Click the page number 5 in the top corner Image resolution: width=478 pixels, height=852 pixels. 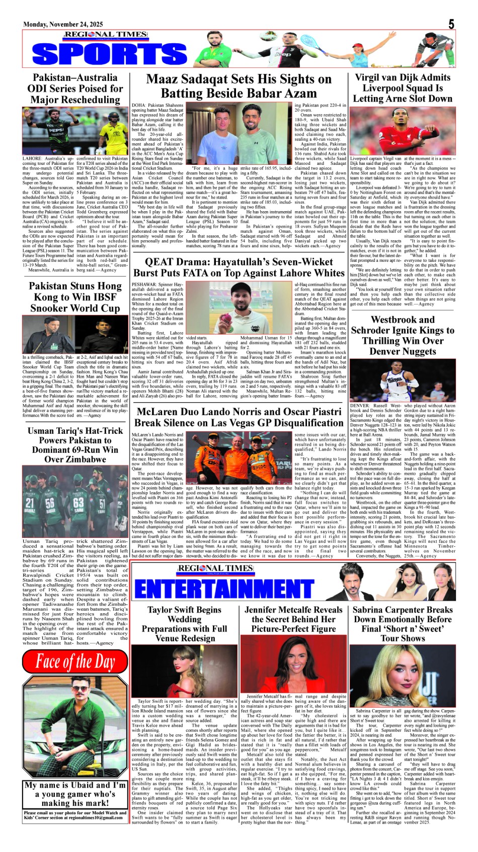[x=451, y=24]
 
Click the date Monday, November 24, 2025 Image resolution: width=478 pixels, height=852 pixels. [x=63, y=24]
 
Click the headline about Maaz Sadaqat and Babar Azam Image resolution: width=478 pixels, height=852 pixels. [x=238, y=86]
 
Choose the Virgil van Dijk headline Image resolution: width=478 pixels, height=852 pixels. [x=403, y=88]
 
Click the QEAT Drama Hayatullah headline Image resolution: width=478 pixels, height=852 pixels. [x=238, y=267]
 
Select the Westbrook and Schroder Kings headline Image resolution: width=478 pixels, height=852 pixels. [x=403, y=335]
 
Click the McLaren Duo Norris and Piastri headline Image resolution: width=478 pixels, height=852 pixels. [x=238, y=417]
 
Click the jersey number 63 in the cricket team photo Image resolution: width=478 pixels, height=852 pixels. [x=78, y=503]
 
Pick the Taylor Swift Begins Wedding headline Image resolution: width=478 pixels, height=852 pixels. [x=184, y=624]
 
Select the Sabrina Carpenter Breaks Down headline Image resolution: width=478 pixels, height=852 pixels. [x=403, y=624]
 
